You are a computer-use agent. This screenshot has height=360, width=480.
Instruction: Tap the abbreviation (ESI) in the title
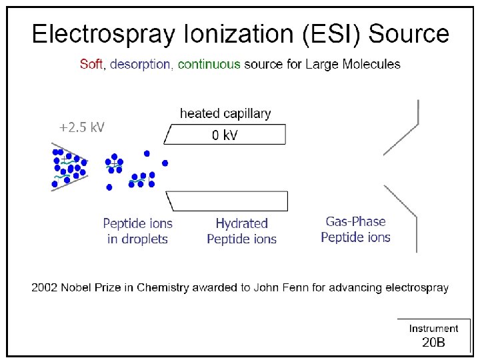point(329,33)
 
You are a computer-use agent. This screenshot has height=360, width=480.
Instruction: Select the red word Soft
point(91,65)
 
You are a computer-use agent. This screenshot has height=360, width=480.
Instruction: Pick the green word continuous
point(209,65)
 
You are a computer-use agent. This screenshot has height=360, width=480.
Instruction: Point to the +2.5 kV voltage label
point(82,127)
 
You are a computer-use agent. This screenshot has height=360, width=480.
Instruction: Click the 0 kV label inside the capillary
point(225,135)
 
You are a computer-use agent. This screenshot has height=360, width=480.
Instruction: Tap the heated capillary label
point(225,113)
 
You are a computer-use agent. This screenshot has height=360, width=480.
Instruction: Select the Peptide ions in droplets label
point(138,231)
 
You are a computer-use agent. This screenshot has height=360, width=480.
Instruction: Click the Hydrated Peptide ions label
point(241,231)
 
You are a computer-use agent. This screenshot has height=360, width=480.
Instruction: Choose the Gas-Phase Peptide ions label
point(355,229)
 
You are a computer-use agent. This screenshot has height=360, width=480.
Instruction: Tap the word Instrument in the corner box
point(433,328)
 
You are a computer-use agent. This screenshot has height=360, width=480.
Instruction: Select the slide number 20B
point(433,343)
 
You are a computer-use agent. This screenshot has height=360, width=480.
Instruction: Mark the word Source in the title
point(409,33)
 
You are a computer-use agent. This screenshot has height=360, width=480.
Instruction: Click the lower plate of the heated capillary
point(227,201)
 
